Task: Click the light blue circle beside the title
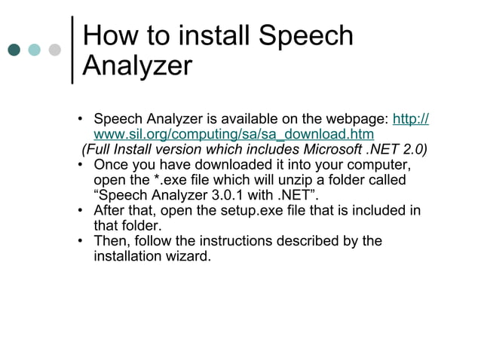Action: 35,50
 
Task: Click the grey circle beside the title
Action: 54,50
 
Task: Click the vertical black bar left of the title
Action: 72,50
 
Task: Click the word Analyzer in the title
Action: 136,66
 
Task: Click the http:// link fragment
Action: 412,120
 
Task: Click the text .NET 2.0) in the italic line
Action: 403,149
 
